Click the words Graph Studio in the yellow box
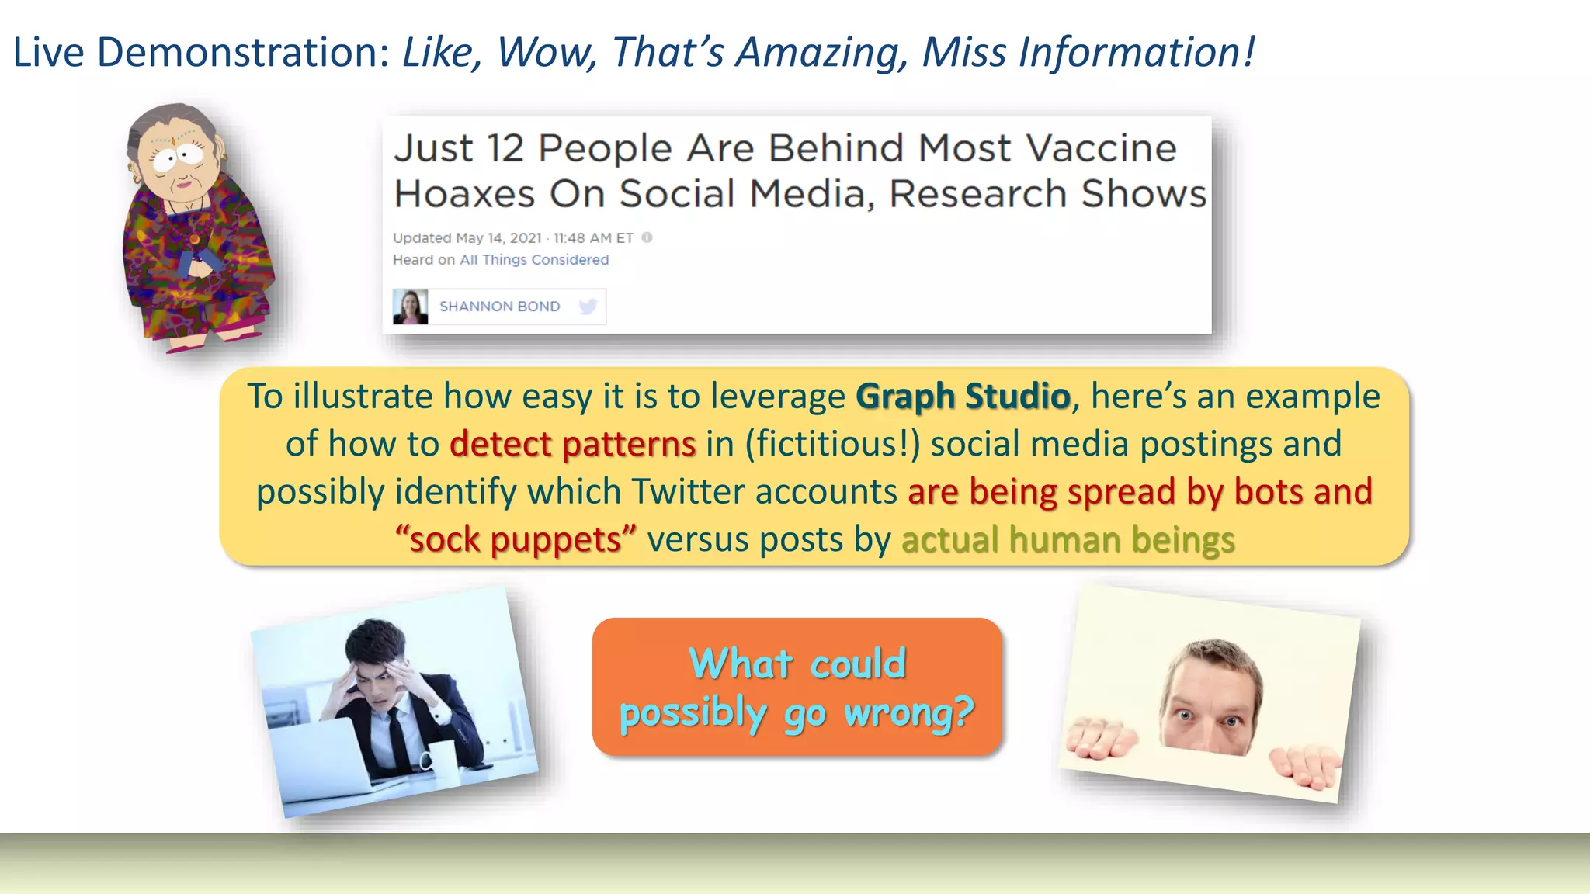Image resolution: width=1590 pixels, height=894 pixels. (963, 397)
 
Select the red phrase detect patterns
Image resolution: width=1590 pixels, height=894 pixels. (572, 445)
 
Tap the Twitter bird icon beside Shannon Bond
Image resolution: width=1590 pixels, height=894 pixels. (588, 307)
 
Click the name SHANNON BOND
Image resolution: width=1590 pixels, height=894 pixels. (499, 307)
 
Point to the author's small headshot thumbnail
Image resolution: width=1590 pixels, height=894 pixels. (410, 307)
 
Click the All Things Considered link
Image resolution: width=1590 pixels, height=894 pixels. (534, 260)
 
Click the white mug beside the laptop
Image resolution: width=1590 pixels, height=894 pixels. (439, 755)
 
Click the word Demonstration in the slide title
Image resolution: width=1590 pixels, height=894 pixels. (242, 53)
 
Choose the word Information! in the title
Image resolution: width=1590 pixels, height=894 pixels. (1137, 53)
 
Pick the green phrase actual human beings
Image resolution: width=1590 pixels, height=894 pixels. (1068, 540)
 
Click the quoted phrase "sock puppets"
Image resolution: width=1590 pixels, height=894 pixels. (516, 540)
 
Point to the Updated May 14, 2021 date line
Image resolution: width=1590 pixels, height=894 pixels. (512, 238)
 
